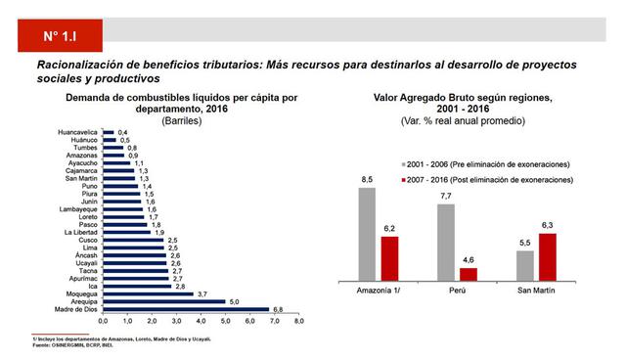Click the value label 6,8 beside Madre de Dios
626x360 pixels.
tap(278, 309)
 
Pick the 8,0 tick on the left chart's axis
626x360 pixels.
tap(299, 321)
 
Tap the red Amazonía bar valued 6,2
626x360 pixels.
tap(388, 258)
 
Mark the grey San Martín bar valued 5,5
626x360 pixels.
tap(524, 265)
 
